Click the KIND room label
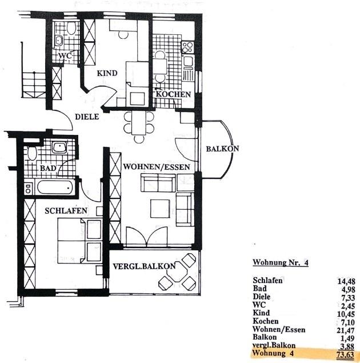pyautogui.click(x=107, y=73)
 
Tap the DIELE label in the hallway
pyautogui.click(x=87, y=117)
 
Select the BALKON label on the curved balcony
pyautogui.click(x=222, y=149)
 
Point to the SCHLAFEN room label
pyautogui.click(x=66, y=211)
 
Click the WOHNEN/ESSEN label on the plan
pyautogui.click(x=157, y=167)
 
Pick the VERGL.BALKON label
pyautogui.click(x=144, y=266)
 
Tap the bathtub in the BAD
pyautogui.click(x=55, y=188)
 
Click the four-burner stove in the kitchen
pyautogui.click(x=187, y=47)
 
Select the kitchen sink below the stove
pyautogui.click(x=188, y=62)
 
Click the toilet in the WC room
pyautogui.click(x=71, y=28)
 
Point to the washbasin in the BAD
pyautogui.click(x=59, y=147)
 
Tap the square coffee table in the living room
pyautogui.click(x=160, y=209)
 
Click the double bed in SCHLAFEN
pyautogui.click(x=79, y=241)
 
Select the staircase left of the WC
pyautogui.click(x=34, y=85)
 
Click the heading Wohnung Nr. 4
pyautogui.click(x=281, y=262)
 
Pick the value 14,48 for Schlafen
pyautogui.click(x=346, y=281)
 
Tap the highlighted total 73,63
pyautogui.click(x=345, y=354)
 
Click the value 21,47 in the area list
pyautogui.click(x=346, y=330)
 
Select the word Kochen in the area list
pyautogui.click(x=266, y=321)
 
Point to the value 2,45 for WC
pyautogui.click(x=348, y=306)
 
